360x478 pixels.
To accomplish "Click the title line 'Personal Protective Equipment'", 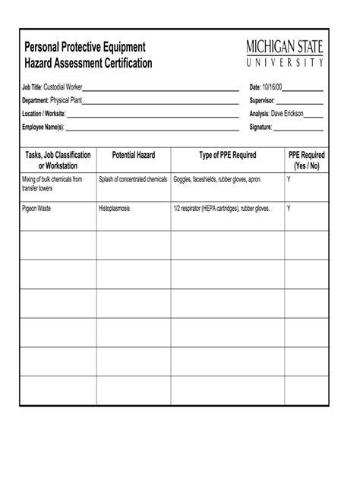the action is tap(84, 47).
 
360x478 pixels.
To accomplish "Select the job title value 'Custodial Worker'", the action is tap(63, 87).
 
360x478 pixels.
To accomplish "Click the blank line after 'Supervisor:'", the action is tap(300, 101).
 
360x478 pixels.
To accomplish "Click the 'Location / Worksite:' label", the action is tap(44, 113).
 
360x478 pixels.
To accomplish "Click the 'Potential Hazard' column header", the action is tap(134, 155).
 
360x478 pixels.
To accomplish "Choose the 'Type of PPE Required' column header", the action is tap(228, 155).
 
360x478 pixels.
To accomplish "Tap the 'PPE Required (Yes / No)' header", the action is tap(304, 160).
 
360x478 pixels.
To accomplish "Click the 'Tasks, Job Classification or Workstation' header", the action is tap(58, 160).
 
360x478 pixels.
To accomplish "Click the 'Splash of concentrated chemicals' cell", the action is tap(133, 180).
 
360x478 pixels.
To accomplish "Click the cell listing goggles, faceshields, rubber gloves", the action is tap(217, 180).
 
